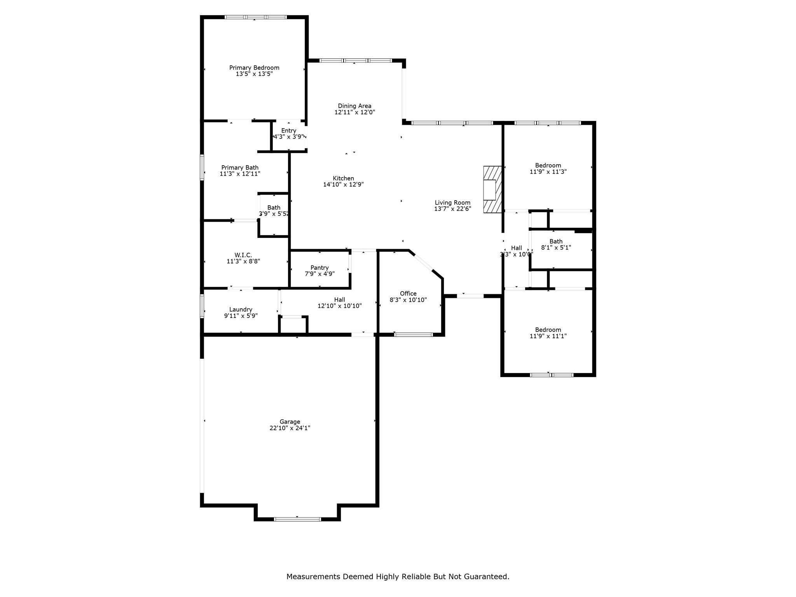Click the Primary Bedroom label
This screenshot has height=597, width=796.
tap(254, 68)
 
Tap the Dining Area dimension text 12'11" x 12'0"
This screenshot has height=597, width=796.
tap(354, 112)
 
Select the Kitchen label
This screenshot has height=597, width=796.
tap(343, 178)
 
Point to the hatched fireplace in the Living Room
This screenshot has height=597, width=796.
tap(492, 189)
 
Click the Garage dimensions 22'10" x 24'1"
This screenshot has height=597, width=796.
tap(290, 428)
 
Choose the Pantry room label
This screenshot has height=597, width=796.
tap(319, 268)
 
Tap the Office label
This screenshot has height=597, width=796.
tap(408, 294)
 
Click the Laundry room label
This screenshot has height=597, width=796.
tap(241, 310)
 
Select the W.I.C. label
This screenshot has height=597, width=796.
tap(243, 255)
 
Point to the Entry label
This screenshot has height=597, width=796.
tap(288, 131)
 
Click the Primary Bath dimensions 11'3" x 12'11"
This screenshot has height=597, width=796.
tap(240, 174)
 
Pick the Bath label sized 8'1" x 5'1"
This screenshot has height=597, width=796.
tap(556, 241)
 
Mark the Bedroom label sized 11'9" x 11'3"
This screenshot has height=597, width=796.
tap(548, 165)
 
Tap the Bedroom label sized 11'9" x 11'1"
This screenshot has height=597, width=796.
tap(548, 330)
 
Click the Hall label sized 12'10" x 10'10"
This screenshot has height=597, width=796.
tap(339, 300)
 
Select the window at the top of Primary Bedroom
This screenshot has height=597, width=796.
tap(255, 17)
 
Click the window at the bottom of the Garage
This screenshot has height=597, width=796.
tap(297, 519)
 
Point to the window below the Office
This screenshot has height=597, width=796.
tap(413, 335)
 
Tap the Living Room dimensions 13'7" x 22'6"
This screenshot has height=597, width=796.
tap(452, 209)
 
